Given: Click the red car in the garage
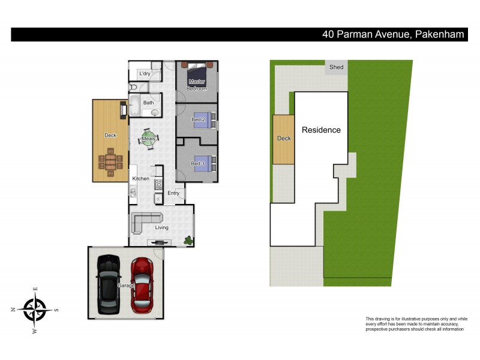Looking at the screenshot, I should [x=143, y=280].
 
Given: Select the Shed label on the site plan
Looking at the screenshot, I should [x=337, y=67].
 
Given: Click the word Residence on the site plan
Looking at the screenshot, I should [x=321, y=130].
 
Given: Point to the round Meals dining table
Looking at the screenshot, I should [x=148, y=139].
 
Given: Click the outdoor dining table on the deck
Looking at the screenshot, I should [x=111, y=162].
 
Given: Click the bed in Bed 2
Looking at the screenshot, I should [x=204, y=119].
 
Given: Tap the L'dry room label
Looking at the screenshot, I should [x=144, y=74].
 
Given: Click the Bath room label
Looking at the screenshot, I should [x=148, y=103].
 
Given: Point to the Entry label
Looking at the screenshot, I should [x=173, y=193].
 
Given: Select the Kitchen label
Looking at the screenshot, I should [x=140, y=179].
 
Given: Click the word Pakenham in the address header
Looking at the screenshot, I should [x=439, y=35].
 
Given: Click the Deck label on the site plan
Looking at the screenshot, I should [x=284, y=139].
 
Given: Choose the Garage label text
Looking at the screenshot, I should [x=126, y=286].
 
